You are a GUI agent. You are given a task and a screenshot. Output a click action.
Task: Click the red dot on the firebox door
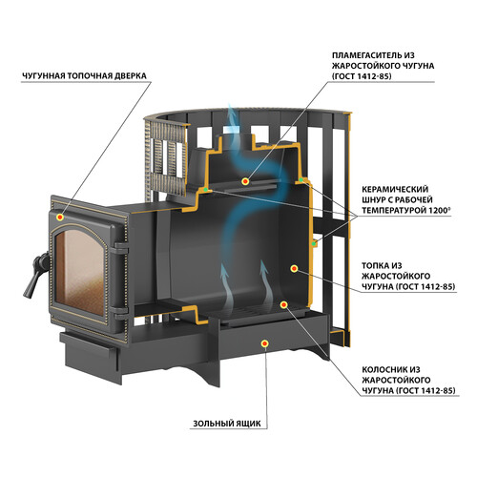59,218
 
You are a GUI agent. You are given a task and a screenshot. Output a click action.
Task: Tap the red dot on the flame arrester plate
245,181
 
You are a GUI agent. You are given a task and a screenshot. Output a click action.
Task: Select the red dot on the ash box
264,343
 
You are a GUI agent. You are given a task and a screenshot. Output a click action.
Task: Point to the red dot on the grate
283,304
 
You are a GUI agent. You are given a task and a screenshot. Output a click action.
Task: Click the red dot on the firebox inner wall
294,269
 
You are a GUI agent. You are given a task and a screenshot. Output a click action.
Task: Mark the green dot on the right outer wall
314,244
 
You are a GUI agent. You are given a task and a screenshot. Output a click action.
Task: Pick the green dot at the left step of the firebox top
206,190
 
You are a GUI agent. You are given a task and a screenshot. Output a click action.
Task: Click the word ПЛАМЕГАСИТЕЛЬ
367,55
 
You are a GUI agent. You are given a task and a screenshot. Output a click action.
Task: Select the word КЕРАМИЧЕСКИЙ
395,190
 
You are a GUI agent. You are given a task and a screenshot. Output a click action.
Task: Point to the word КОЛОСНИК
384,369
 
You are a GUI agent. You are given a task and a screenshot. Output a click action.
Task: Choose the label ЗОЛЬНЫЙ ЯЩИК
227,424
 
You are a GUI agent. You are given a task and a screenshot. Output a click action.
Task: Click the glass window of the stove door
80,273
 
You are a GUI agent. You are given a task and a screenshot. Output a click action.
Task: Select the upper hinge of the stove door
121,247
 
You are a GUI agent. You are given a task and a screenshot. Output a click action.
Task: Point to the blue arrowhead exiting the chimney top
232,111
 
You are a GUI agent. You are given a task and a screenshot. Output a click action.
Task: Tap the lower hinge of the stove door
121,312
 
